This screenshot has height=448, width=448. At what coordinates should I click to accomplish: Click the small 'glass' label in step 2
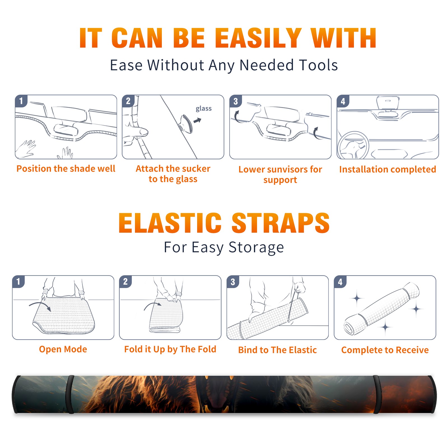pos(204,108)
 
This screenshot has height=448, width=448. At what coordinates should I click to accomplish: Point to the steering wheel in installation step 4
pos(353,145)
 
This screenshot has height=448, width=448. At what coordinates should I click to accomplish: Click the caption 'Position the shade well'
pos(66,169)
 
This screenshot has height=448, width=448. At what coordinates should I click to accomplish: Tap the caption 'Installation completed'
pos(388,169)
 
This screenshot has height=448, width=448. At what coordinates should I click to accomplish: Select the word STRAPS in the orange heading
pos(281,223)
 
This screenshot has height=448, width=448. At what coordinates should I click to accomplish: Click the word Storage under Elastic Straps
pos(256,248)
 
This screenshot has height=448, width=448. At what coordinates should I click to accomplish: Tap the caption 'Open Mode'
pos(63,349)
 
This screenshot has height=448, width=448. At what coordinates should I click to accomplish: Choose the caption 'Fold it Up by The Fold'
pos(170,349)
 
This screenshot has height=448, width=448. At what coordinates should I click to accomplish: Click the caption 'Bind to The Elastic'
pos(277,350)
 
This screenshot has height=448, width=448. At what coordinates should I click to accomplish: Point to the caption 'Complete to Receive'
pos(385,350)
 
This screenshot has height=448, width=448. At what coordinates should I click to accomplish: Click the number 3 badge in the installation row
pos(235,101)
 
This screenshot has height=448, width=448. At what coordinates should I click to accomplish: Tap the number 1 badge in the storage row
pos(18,281)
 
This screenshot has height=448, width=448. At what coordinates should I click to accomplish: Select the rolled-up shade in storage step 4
pos(382,309)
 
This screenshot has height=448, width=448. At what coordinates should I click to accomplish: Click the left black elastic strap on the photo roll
pos(70,394)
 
